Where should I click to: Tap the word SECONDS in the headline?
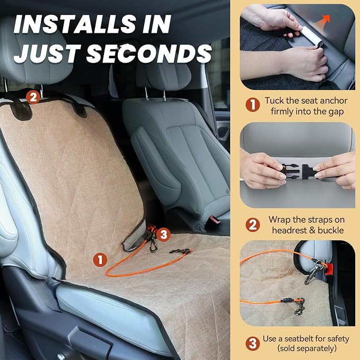[x=149, y=54]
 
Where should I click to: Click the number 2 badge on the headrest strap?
[x=33, y=97]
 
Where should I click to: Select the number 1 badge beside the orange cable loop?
[x=100, y=260]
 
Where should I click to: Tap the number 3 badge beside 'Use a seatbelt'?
[x=252, y=344]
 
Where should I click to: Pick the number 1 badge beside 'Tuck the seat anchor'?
[x=252, y=104]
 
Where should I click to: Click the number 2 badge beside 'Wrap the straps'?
[x=252, y=225]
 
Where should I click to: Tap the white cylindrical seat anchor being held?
[x=310, y=37]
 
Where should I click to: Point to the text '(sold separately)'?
[x=307, y=348]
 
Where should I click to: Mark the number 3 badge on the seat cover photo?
[x=163, y=234]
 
